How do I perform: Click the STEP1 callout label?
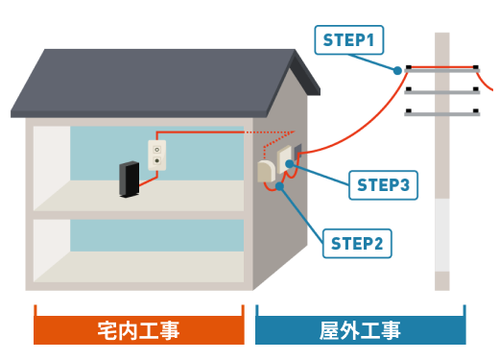point(349,40)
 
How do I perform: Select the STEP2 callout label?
point(357,244)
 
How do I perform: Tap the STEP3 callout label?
point(383,185)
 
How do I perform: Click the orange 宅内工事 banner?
point(139,330)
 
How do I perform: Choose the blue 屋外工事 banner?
point(361,330)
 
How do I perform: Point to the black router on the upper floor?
point(130,180)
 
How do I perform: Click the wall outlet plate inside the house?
point(157,156)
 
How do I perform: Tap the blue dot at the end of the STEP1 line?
point(397,71)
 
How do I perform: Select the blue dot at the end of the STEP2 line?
point(279,186)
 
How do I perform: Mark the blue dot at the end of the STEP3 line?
point(290,164)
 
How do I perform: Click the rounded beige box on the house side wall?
point(266,172)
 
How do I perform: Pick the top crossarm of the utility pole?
point(442,70)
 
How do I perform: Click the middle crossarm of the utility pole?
point(442,92)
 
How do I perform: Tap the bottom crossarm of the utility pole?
point(442,114)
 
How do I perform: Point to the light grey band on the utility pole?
point(442,235)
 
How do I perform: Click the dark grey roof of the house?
point(154,82)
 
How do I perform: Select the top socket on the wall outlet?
point(157,150)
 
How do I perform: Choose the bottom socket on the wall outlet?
point(157,160)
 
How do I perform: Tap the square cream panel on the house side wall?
point(284,159)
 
